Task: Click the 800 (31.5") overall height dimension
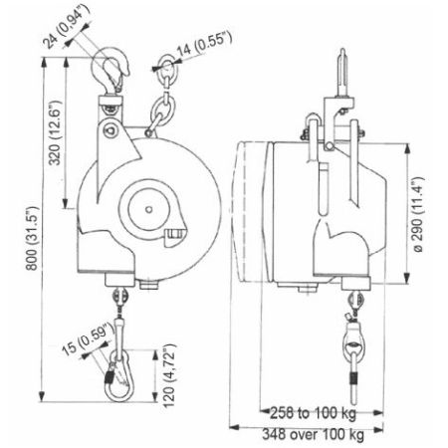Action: coord(33,238)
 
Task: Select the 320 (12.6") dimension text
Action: coord(56,132)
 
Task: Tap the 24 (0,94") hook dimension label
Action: coord(67,27)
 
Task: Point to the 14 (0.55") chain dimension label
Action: coord(204,43)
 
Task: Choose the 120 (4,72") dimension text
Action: coord(169,375)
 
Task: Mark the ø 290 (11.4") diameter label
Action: coord(418,215)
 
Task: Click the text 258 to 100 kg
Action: coord(313,413)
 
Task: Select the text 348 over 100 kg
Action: coord(313,434)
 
